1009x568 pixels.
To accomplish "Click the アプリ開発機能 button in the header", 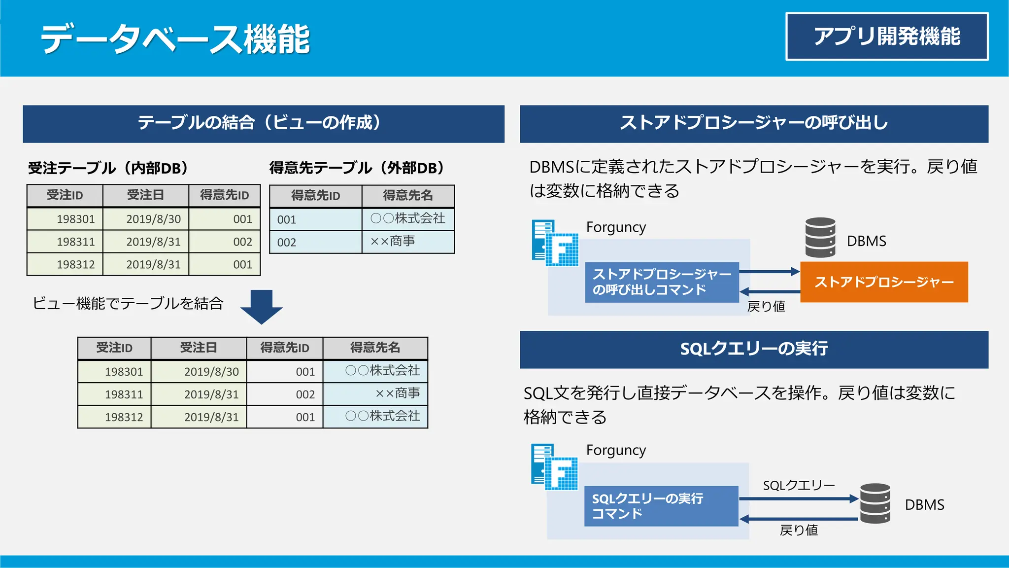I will (887, 36).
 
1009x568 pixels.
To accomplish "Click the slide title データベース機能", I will (175, 39).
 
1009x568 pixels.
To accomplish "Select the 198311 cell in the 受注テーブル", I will (75, 242).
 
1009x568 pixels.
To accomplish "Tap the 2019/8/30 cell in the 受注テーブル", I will (153, 219).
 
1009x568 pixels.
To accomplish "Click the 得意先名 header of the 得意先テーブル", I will (407, 196).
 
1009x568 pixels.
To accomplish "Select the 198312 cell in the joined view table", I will (124, 417).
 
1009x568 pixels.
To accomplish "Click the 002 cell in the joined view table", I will (305, 394).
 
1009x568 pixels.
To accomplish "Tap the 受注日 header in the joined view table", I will (198, 348).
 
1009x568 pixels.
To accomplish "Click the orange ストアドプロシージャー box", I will (884, 282).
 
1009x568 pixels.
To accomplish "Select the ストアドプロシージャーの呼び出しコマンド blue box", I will (662, 282).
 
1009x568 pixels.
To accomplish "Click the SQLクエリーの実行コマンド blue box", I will (661, 506).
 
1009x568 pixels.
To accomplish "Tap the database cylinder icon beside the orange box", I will (820, 238).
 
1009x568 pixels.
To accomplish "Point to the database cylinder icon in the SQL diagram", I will (875, 503).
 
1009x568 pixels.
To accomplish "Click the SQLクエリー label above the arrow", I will (799, 486).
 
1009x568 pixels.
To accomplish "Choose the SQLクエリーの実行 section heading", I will (754, 349).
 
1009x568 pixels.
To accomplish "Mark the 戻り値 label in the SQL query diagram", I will (799, 530).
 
